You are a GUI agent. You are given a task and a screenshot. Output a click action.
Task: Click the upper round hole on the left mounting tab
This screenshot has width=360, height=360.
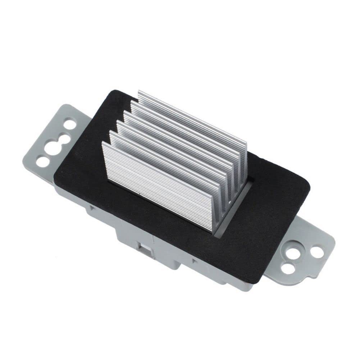coord(70,124)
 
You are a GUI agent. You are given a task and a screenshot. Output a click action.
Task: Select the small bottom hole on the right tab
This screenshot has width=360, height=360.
coord(288,268)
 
